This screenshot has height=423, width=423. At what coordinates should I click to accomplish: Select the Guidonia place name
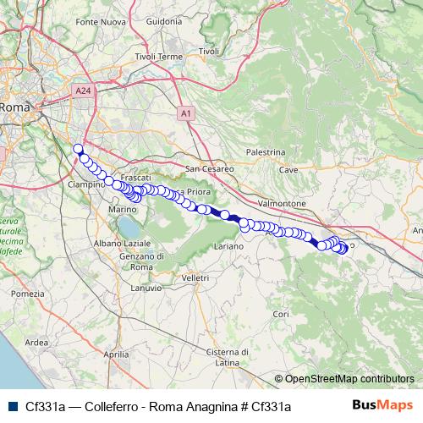[x=164, y=20]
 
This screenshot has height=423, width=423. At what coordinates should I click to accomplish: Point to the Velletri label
[x=195, y=277]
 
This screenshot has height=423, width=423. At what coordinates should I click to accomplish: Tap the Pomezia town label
[x=27, y=293]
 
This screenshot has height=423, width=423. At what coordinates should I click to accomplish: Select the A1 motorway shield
[x=185, y=112]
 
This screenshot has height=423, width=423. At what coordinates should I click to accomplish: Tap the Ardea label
[x=37, y=343]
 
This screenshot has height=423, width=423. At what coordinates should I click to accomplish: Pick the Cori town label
[x=282, y=314]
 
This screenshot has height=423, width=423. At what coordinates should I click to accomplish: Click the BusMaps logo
[x=382, y=406]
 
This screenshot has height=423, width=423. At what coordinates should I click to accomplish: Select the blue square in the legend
[x=11, y=406]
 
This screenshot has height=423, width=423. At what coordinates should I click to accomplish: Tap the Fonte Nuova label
[x=100, y=20]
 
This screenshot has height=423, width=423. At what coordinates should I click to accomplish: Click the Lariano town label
[x=228, y=245]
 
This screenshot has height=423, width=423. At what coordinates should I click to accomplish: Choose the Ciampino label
[x=85, y=184]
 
